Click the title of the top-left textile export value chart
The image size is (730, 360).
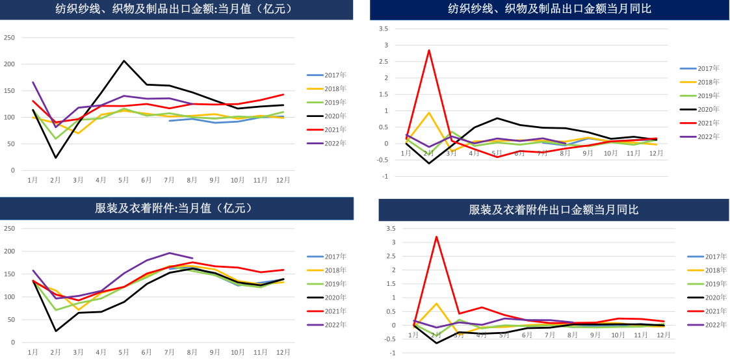[173, 9]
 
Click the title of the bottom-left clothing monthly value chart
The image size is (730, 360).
[173, 208]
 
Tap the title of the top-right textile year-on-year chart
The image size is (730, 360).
[549, 9]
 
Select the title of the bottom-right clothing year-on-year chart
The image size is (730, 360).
[554, 210]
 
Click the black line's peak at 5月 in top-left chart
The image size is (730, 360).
[124, 61]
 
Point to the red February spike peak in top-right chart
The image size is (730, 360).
[429, 50]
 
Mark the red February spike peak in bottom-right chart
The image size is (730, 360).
[436, 237]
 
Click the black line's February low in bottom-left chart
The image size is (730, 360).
[56, 331]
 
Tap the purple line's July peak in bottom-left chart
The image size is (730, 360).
[170, 253]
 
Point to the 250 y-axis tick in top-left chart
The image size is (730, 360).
[10, 38]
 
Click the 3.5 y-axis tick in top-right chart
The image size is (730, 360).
[383, 29]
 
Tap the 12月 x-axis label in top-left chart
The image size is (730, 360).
[283, 179]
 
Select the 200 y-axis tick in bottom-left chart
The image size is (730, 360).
[10, 251]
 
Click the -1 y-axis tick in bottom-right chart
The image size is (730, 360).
[391, 353]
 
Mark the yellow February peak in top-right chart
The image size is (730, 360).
[429, 113]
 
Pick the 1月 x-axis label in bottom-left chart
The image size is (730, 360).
[33, 352]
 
